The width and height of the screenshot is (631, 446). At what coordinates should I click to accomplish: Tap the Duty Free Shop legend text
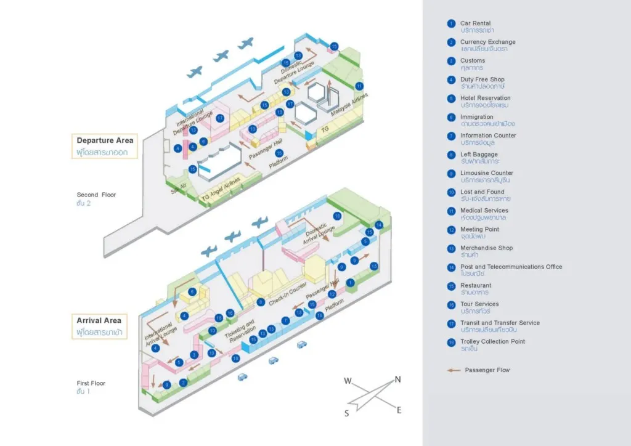[x=482, y=79]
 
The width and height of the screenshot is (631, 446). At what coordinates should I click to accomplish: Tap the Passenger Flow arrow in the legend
[x=454, y=370]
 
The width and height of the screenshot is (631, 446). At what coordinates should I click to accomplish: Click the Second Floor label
[x=96, y=195]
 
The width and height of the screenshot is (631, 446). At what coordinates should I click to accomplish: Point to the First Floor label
[x=91, y=383]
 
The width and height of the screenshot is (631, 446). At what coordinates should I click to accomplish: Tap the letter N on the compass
[x=397, y=379]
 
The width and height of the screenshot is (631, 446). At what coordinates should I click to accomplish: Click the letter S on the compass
[x=347, y=413]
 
